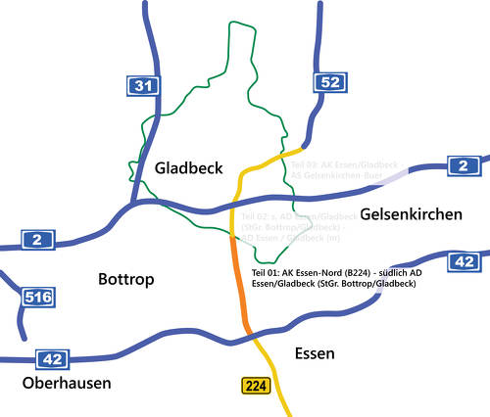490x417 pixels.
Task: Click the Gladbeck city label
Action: (189, 168)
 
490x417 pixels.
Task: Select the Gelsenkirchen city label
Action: (410, 213)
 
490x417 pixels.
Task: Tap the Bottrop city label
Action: (127, 280)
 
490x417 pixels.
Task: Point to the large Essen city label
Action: (315, 353)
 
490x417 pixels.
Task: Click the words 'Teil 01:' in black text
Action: (268, 271)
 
